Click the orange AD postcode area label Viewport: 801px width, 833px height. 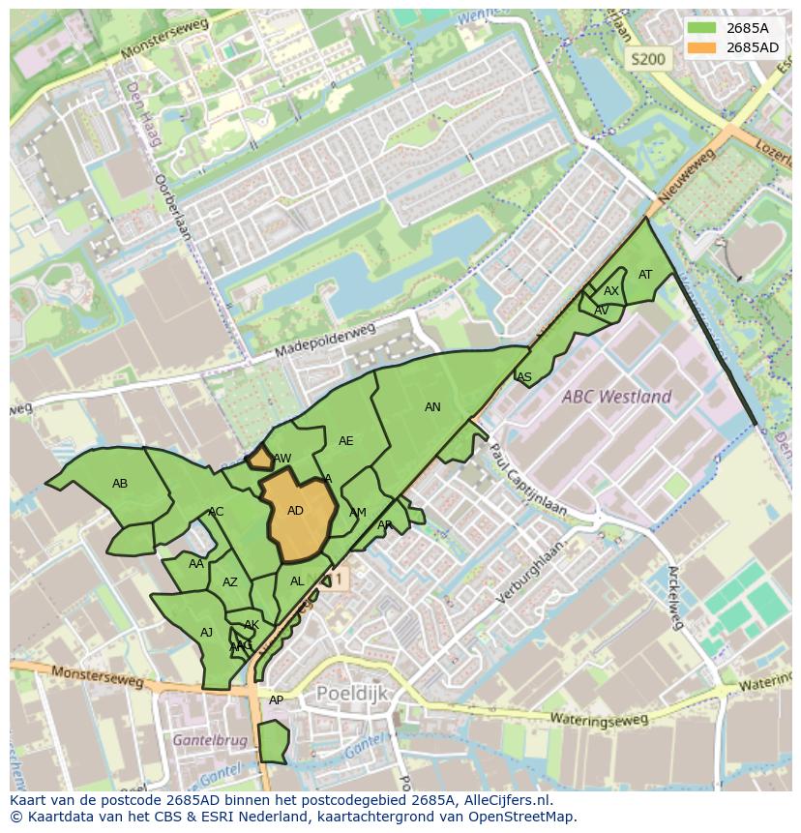click(296, 511)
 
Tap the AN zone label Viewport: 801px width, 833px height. click(432, 407)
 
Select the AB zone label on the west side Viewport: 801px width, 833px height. click(120, 484)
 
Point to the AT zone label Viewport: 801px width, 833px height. click(645, 275)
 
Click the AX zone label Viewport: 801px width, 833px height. click(611, 291)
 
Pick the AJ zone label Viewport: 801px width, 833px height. click(206, 633)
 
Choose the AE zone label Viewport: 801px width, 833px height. click(346, 441)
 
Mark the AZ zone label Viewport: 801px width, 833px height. click(230, 582)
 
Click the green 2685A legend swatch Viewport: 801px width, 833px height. click(702, 28)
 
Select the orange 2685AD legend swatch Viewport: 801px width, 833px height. click(702, 47)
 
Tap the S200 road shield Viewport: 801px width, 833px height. click(648, 59)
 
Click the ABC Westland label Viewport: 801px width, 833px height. click(618, 397)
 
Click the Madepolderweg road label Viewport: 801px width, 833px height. click(324, 341)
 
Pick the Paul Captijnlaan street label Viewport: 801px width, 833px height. click(527, 482)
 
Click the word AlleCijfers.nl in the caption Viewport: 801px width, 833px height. click(502, 800)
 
